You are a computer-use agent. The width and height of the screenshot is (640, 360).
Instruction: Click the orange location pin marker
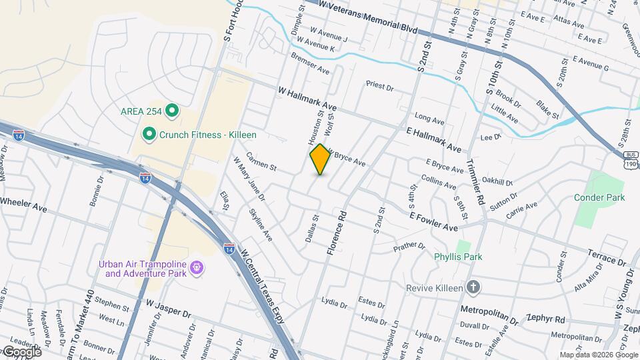coord(320,159)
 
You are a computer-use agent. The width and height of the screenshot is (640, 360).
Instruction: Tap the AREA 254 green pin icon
coord(172,111)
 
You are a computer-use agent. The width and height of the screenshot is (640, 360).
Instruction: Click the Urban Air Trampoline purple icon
coord(197,268)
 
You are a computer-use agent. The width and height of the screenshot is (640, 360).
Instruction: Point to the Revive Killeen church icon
coord(473,287)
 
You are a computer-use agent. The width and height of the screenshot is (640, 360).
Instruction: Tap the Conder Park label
coord(599,197)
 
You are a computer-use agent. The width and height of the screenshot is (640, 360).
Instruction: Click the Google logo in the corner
coord(21,352)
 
